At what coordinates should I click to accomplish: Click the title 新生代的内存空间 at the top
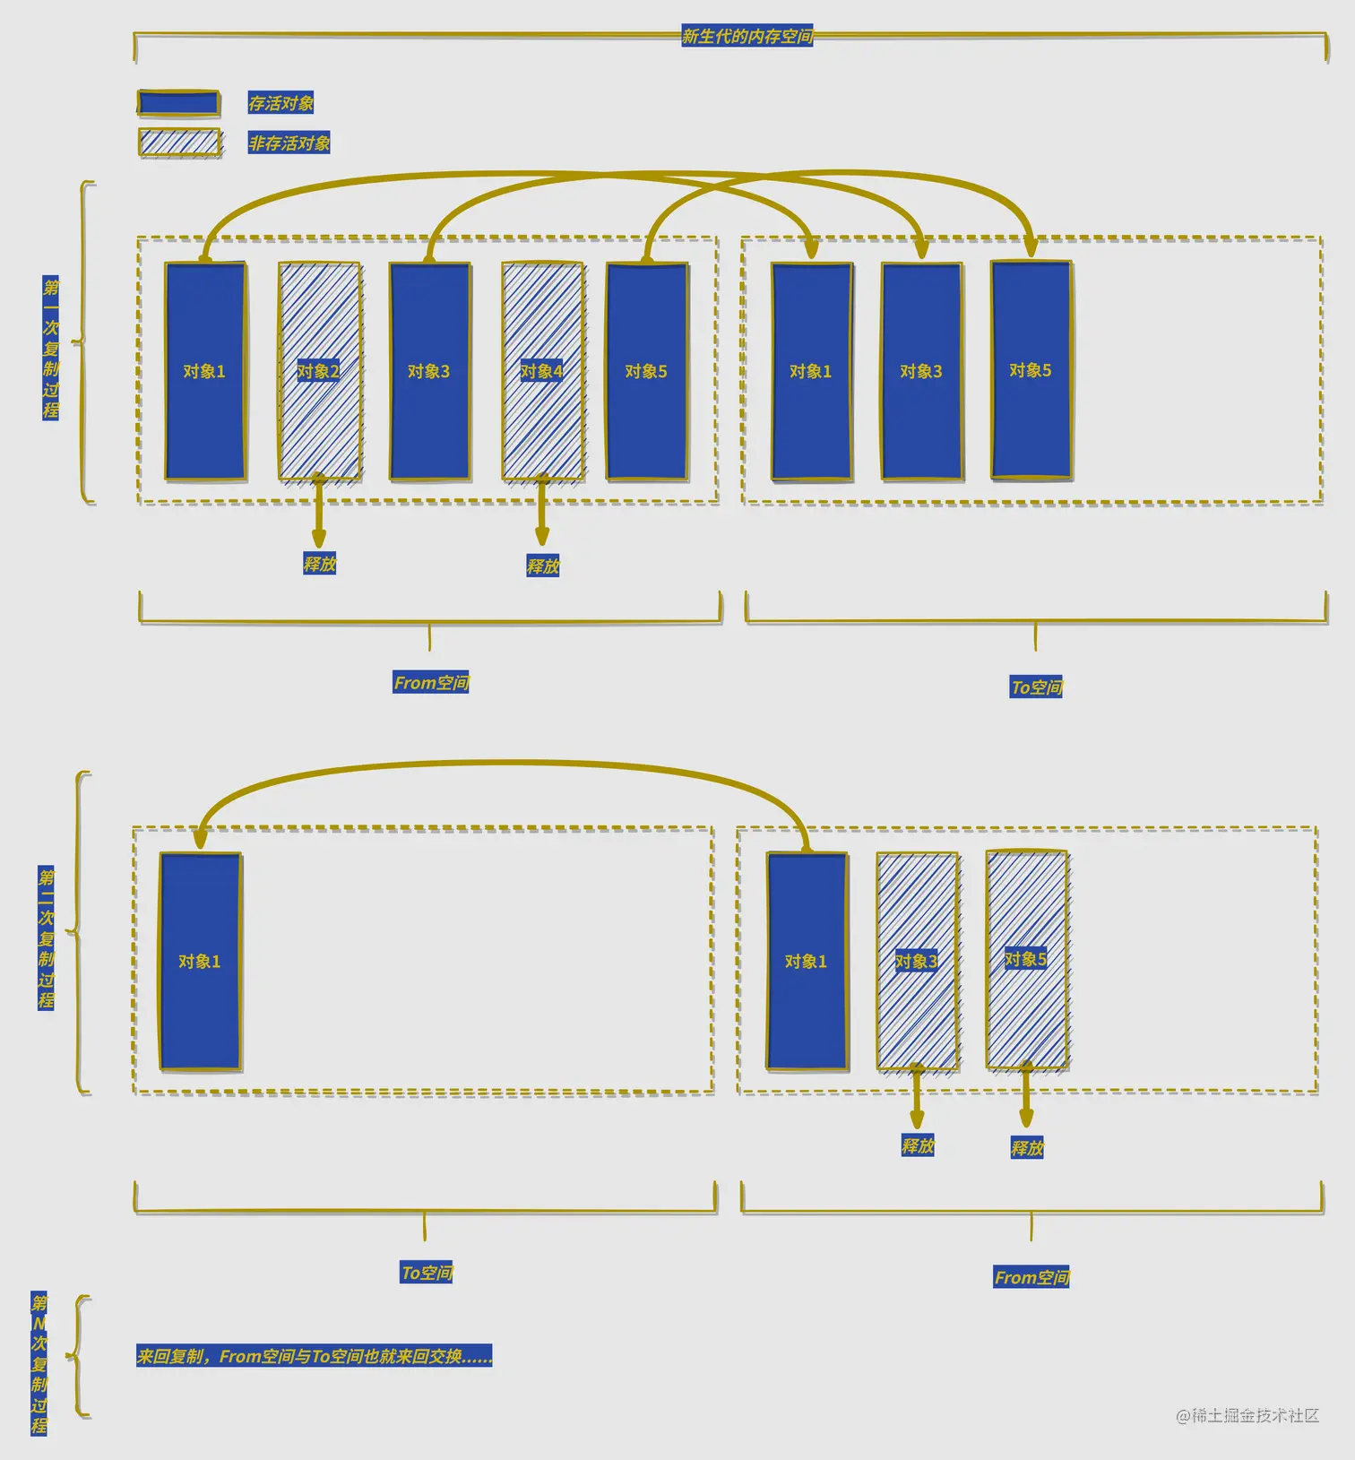tap(747, 37)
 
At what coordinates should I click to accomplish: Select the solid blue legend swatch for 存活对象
tap(179, 103)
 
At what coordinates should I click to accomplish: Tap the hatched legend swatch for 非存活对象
tap(179, 143)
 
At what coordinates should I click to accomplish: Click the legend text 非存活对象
tap(289, 143)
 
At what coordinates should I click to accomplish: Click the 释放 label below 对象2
tap(319, 564)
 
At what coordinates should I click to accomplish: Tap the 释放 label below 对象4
tap(542, 566)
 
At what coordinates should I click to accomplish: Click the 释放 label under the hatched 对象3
tap(918, 1145)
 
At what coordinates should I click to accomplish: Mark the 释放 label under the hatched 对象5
tap(1027, 1148)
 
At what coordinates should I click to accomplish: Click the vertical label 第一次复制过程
tap(51, 348)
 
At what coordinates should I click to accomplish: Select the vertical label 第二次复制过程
tap(47, 937)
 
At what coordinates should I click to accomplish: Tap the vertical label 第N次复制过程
tap(39, 1363)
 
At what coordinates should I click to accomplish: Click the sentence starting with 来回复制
tap(314, 1356)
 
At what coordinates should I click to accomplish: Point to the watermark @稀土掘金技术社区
tap(1247, 1415)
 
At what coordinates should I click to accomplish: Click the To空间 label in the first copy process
tap(1036, 687)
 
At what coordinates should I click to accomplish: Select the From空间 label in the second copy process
tap(1031, 1277)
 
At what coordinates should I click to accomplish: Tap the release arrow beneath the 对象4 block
tap(542, 511)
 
